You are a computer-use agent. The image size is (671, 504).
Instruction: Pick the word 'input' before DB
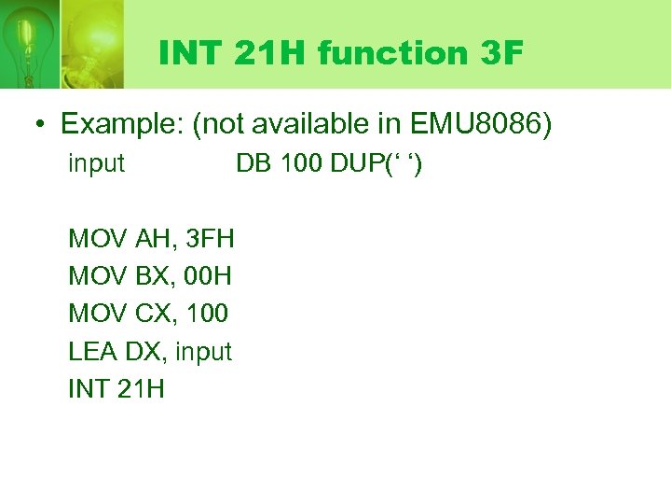tap(96, 164)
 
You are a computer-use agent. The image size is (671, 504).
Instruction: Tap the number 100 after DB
tap(298, 164)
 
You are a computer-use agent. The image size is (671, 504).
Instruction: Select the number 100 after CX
tap(206, 314)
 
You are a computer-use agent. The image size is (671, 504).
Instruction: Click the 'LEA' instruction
tap(89, 352)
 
